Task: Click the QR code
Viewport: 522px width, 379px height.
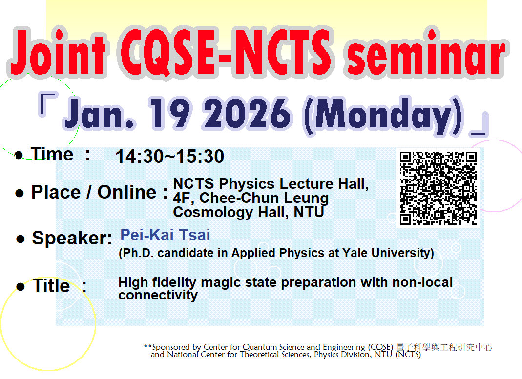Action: tap(438, 188)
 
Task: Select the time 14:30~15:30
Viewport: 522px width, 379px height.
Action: tap(169, 157)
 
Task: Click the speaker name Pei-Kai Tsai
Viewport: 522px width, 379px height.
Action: tap(165, 235)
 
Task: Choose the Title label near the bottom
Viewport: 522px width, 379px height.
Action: tap(51, 286)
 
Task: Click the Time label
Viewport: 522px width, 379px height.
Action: tap(52, 154)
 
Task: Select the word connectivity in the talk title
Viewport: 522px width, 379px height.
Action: tap(158, 295)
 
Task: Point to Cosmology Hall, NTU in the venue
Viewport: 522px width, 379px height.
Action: tap(249, 212)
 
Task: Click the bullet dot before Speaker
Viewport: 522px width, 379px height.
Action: tap(21, 239)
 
